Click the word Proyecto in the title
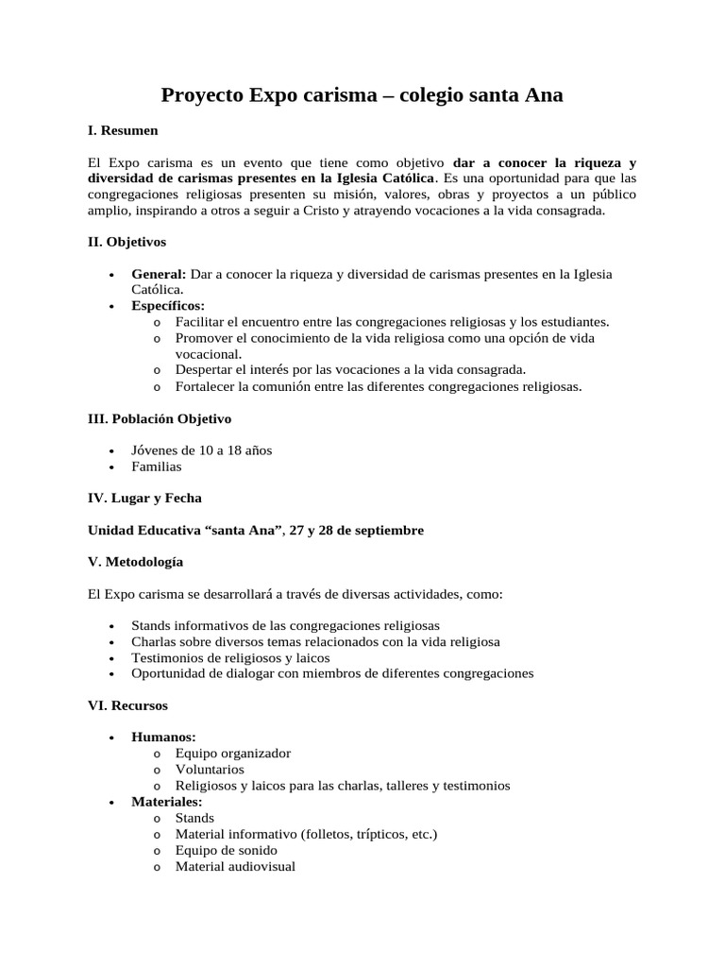[x=201, y=95]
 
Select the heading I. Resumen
[x=123, y=129]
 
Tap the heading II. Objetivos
[x=126, y=242]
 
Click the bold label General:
[x=159, y=274]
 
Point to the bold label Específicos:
[x=168, y=306]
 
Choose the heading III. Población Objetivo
[x=160, y=418]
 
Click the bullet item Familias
[x=157, y=467]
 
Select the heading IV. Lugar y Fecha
[x=144, y=498]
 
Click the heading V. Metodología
[x=136, y=562]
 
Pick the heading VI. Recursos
[x=127, y=705]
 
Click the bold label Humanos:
[x=163, y=738]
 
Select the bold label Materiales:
[x=167, y=802]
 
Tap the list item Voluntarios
[x=210, y=770]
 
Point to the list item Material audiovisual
[x=235, y=866]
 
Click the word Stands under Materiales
[x=194, y=818]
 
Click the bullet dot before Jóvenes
[x=112, y=451]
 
